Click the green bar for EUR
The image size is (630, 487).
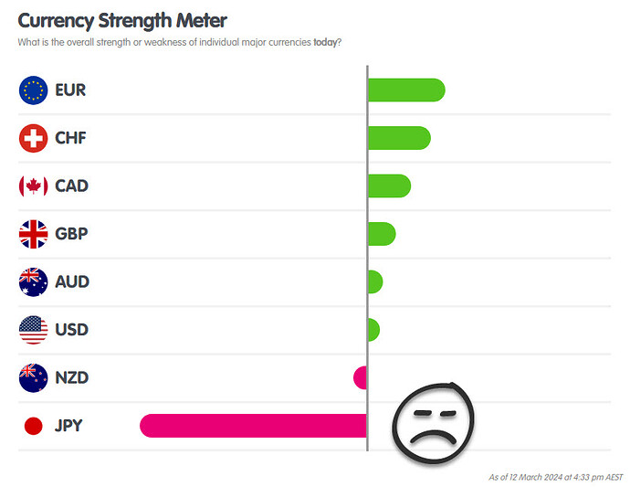pos(405,90)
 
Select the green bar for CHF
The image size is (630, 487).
pos(398,138)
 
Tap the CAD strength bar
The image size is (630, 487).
pos(388,185)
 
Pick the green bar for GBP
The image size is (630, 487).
pos(381,234)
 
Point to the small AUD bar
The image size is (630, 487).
pos(374,281)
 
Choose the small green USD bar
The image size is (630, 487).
pos(373,329)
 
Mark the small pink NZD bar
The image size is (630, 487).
pos(361,376)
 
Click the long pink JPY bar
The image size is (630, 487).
pos(253,425)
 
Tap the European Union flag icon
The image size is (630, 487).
pos(33,90)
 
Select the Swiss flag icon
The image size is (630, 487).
pos(33,138)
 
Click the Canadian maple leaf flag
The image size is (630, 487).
pos(33,185)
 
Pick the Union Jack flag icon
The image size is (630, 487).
pos(33,234)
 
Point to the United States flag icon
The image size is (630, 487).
pos(33,329)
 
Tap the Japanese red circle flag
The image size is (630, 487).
pos(33,425)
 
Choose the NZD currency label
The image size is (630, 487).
pos(71,377)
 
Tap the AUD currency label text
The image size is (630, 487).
pos(71,281)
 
